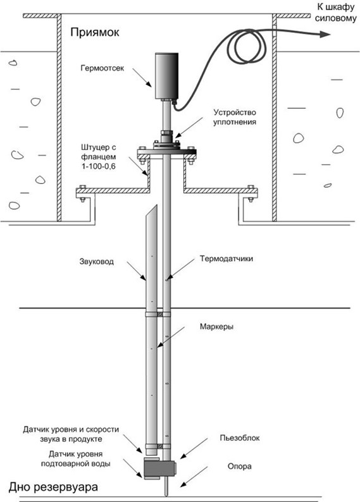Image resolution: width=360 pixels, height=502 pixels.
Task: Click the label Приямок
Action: point(95,33)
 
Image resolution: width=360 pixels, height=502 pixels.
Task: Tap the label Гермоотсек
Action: point(102,68)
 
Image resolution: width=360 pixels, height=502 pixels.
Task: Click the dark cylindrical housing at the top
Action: point(166,76)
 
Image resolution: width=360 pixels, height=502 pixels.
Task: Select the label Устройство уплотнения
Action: point(235,117)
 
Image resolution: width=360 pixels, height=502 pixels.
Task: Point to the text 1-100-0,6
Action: point(98,166)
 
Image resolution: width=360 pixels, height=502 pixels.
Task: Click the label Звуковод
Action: point(96,262)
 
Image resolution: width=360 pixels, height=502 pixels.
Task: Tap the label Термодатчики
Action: point(227,259)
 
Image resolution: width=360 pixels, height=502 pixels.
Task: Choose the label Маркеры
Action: point(216,327)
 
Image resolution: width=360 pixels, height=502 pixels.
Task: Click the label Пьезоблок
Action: point(240,438)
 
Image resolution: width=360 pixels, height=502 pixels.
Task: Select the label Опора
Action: point(240,466)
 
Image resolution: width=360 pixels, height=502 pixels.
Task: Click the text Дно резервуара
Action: point(53,487)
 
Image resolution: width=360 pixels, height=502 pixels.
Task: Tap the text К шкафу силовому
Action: point(336,13)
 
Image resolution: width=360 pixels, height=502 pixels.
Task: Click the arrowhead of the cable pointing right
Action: point(325,35)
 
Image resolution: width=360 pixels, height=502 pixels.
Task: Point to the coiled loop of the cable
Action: point(247,47)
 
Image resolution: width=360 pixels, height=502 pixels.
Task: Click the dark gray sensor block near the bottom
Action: point(159,468)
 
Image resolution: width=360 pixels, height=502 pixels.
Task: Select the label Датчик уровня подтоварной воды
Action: point(75,459)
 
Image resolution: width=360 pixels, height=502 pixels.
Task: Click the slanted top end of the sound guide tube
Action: point(151,217)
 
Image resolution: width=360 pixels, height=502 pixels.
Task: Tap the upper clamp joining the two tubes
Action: point(158,314)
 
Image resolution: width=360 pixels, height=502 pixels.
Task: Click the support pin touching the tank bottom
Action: point(166,487)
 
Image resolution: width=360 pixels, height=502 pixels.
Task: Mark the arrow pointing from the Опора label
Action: point(194,477)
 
